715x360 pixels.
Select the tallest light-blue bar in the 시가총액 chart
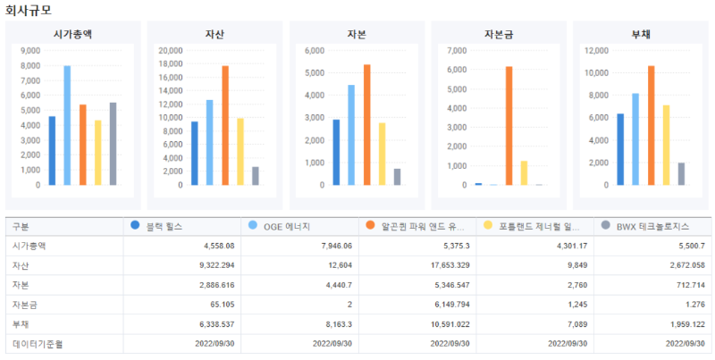67,125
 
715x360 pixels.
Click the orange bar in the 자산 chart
225,125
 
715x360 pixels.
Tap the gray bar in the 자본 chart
397,177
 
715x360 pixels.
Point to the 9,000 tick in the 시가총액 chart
29,51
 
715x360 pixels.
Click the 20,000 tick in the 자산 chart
171,51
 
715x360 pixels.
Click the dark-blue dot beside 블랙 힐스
135,226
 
